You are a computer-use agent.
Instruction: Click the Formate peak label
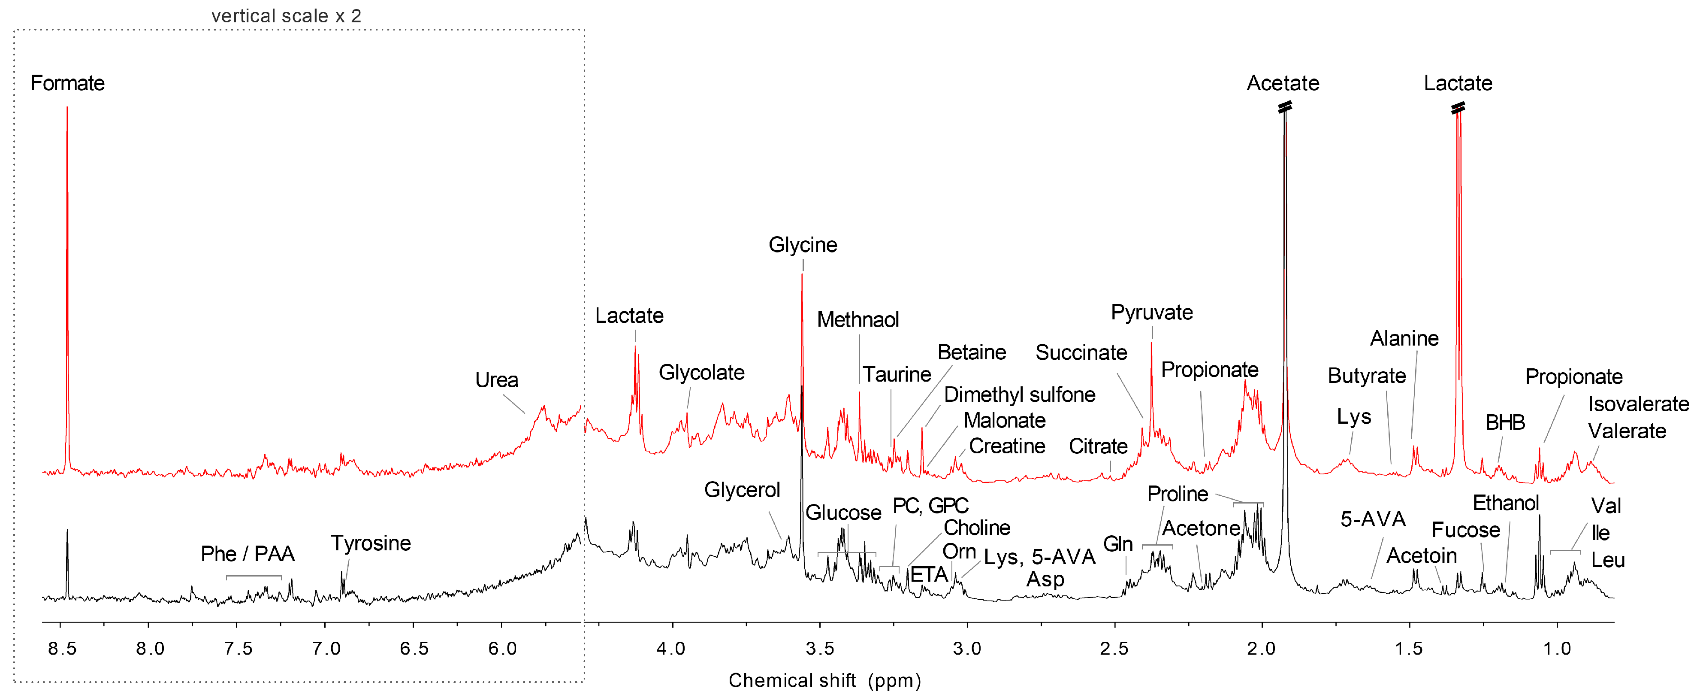point(67,83)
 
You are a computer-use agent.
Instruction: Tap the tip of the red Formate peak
point(67,108)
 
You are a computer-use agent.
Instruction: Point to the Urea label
point(496,380)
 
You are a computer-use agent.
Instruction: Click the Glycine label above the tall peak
point(803,245)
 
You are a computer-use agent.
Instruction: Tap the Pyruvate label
point(1152,313)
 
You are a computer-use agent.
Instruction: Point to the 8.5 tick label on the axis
point(62,649)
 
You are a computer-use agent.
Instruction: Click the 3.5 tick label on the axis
point(820,649)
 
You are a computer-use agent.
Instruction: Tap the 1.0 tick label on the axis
point(1556,649)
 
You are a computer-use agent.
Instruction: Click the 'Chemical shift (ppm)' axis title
point(824,680)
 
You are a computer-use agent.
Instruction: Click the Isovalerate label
point(1638,404)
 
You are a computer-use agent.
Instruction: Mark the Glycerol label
point(742,490)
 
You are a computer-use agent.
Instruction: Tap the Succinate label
point(1081,352)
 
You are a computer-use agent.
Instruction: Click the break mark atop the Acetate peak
point(1284,107)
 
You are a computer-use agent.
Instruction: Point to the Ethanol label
point(1505,503)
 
